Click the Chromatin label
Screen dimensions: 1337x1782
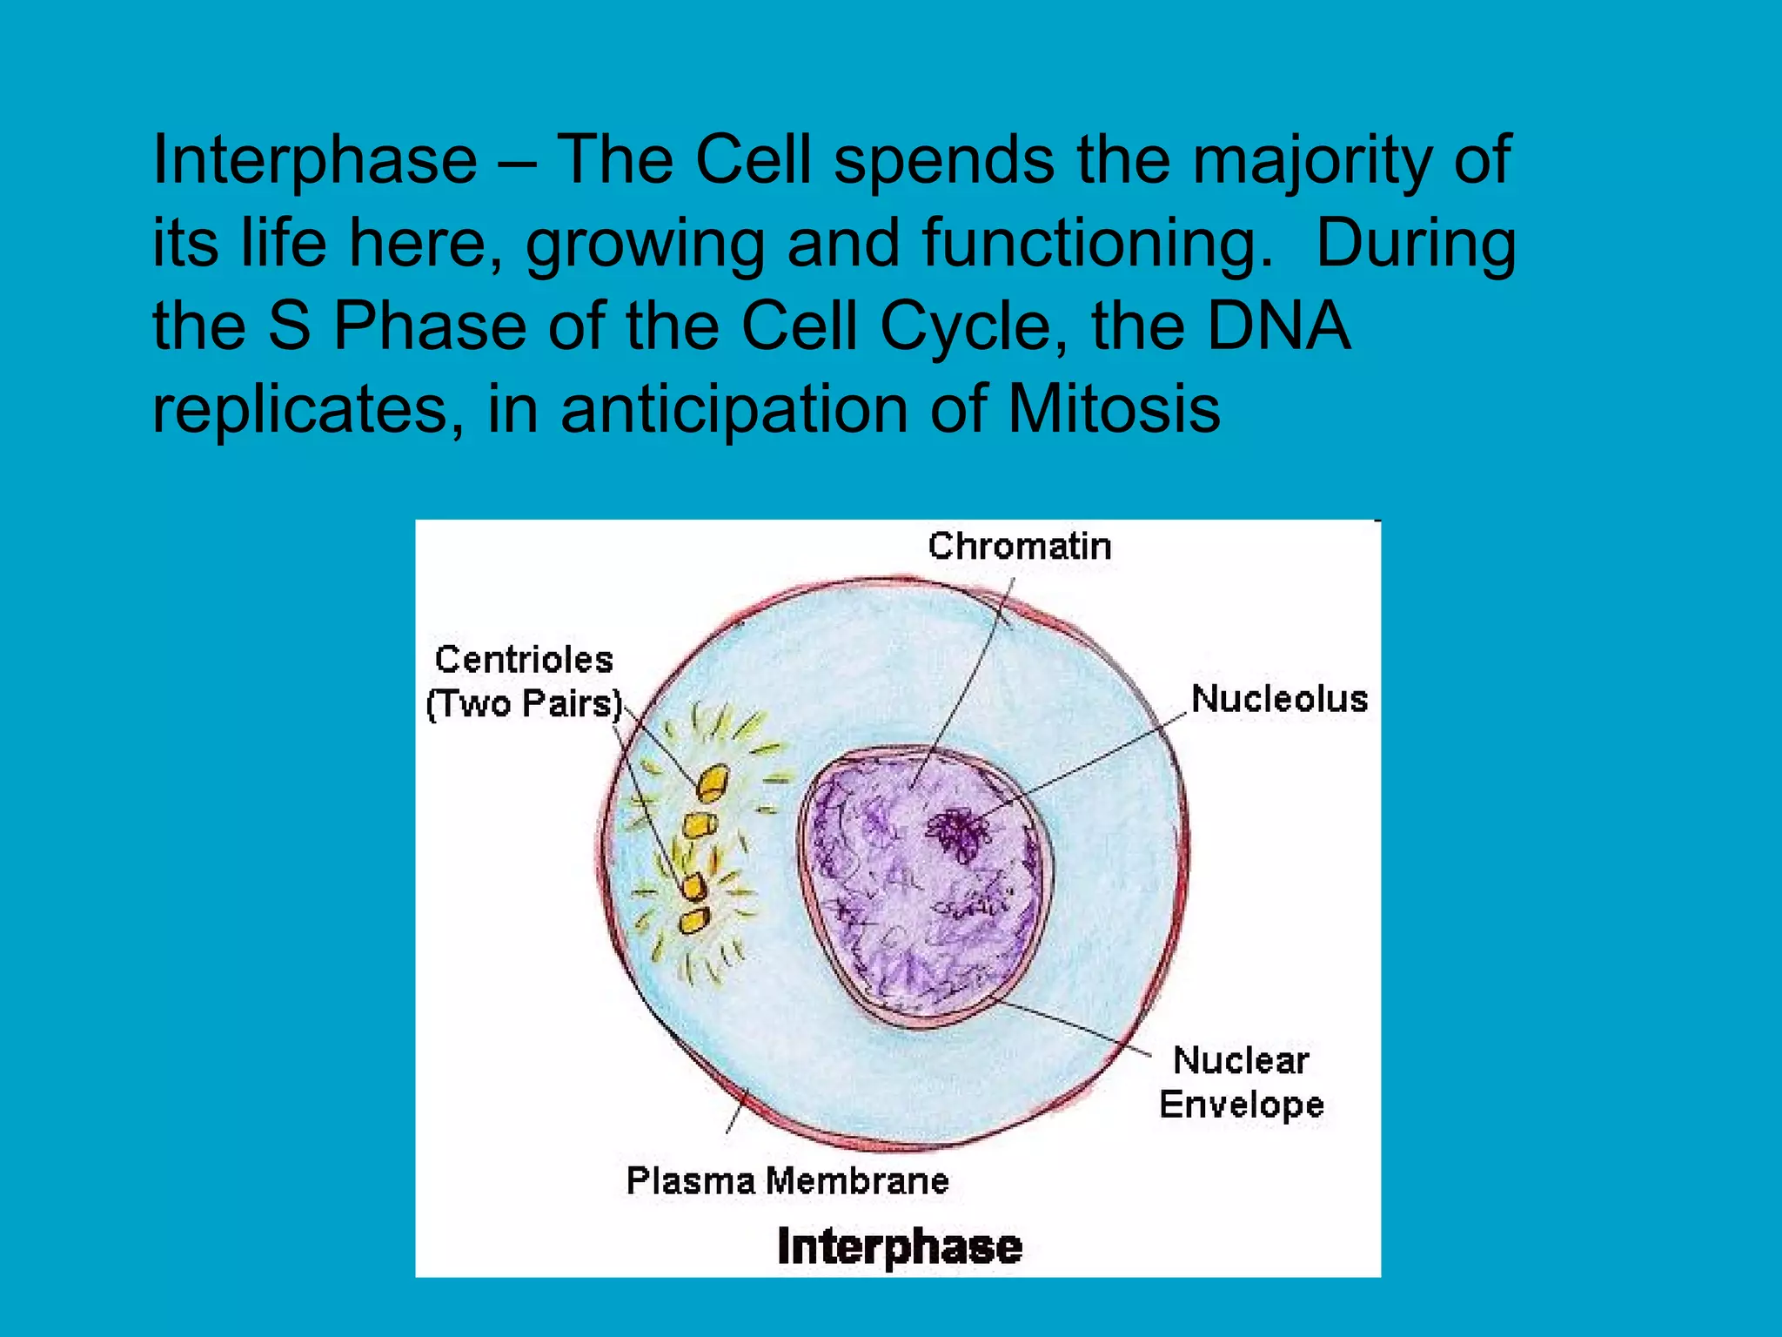pyautogui.click(x=1019, y=547)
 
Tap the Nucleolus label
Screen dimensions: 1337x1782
pyautogui.click(x=1278, y=699)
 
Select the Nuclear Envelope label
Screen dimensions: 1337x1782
pyautogui.click(x=1241, y=1083)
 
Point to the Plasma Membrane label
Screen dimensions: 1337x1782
pyautogui.click(x=787, y=1181)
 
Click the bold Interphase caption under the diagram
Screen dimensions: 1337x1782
pyautogui.click(x=899, y=1246)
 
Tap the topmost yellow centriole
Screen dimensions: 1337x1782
pyautogui.click(x=712, y=783)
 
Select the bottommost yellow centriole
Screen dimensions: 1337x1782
pyautogui.click(x=694, y=920)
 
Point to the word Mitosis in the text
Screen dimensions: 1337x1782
pyautogui.click(x=1114, y=409)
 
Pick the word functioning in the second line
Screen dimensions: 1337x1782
pyautogui.click(x=1092, y=244)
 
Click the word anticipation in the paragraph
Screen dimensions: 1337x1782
pyautogui.click(x=734, y=409)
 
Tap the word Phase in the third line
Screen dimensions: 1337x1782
pyautogui.click(x=430, y=326)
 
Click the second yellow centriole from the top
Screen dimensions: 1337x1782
pyautogui.click(x=697, y=825)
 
